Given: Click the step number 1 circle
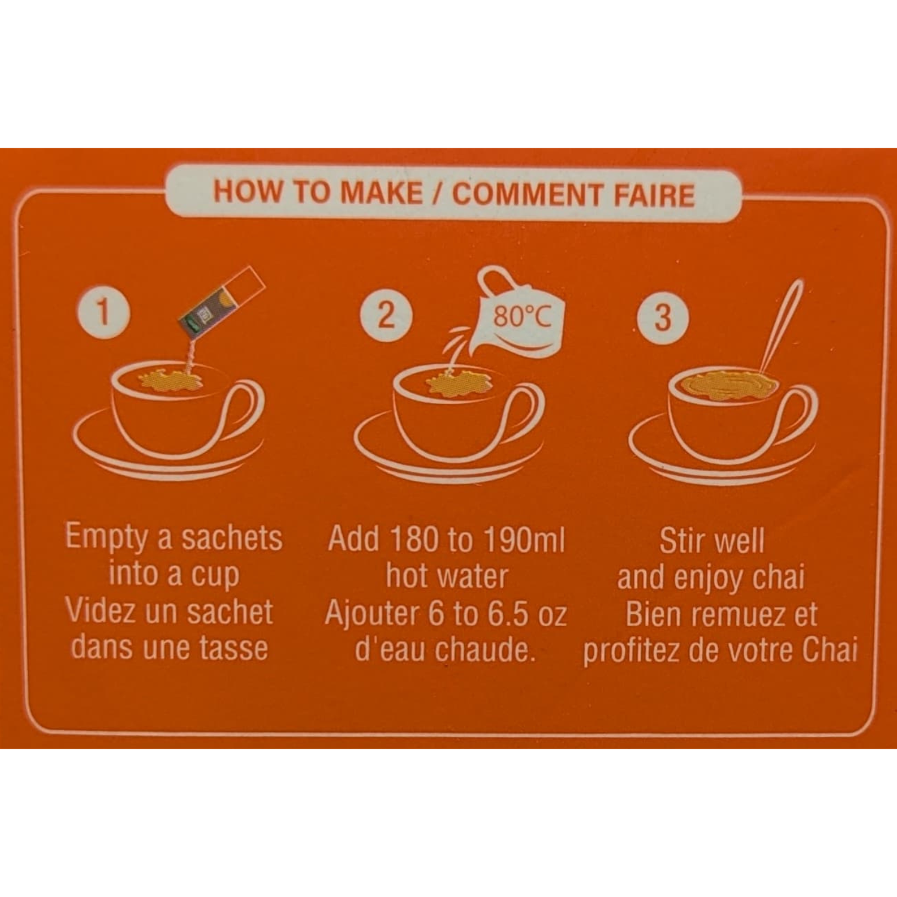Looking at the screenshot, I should (103, 312).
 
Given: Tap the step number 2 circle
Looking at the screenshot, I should (386, 315).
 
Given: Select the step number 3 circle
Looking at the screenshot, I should (663, 318).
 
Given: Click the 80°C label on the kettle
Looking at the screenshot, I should (521, 315).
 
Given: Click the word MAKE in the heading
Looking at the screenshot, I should (381, 193).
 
